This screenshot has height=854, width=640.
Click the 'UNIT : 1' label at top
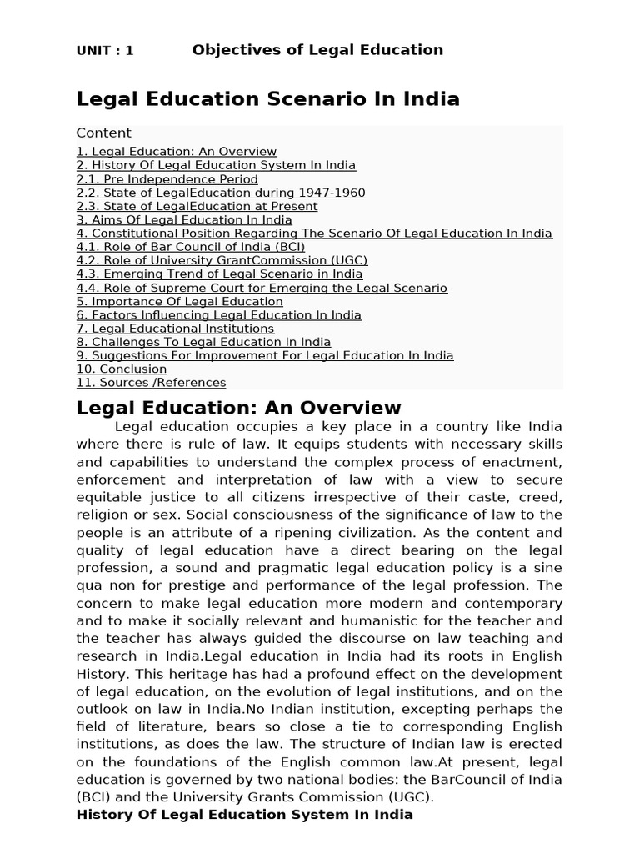(x=105, y=51)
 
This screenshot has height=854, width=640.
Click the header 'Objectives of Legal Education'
(x=317, y=50)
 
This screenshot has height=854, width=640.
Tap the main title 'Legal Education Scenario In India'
(x=267, y=99)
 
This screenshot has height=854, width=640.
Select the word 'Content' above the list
(x=103, y=133)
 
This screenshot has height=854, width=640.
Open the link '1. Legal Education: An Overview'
(x=176, y=152)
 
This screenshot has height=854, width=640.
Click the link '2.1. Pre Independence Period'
(x=167, y=179)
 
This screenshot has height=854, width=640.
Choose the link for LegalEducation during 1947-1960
(x=220, y=193)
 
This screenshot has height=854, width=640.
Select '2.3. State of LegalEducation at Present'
(x=197, y=206)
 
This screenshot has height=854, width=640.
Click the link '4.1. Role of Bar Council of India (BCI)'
(x=191, y=247)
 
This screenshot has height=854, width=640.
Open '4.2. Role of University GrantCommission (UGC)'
(x=222, y=260)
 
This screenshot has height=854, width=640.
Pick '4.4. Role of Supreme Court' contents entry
(x=262, y=288)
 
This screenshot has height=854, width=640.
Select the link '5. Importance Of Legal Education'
(x=179, y=301)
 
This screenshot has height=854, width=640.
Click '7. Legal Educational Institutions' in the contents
(x=175, y=329)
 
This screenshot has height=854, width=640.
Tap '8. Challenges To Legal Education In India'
(x=203, y=342)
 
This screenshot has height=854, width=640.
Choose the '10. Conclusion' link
(x=122, y=369)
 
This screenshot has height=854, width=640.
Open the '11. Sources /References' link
(x=151, y=383)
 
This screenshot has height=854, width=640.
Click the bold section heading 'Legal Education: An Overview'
(x=238, y=409)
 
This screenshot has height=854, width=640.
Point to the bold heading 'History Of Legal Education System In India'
(x=244, y=815)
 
